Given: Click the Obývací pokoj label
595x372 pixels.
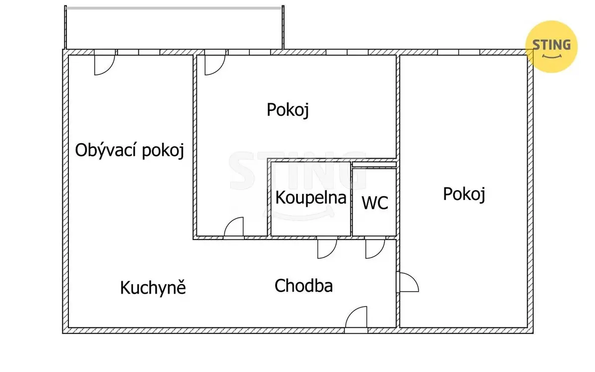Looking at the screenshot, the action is (x=129, y=150).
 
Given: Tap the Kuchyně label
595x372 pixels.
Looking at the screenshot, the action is (x=153, y=287).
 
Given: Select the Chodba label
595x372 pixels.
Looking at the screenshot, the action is (x=303, y=286).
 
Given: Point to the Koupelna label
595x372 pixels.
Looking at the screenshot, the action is (x=311, y=198).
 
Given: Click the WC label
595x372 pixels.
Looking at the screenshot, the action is (x=375, y=203).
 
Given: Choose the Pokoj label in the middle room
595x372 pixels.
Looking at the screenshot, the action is (x=288, y=110).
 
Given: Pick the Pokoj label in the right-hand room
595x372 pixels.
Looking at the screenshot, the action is (x=464, y=194).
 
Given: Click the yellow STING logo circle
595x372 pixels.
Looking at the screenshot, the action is (x=551, y=47).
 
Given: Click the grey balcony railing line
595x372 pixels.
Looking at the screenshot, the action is (x=174, y=8).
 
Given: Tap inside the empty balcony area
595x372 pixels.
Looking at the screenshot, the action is (x=174, y=29).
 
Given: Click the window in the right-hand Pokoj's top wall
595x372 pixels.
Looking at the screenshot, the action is (x=459, y=52).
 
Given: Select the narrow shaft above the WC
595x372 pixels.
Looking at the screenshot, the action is (x=374, y=165).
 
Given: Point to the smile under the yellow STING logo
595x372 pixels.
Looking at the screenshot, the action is (x=551, y=57).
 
